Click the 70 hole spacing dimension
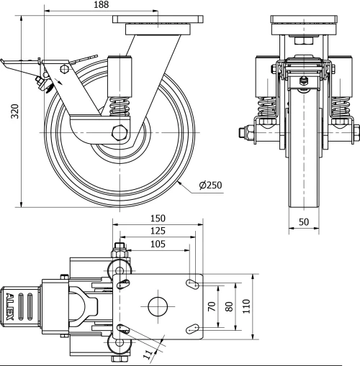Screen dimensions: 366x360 click(x=212, y=306)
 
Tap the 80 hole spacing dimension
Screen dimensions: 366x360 click(x=229, y=306)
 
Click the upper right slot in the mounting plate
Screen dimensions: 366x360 click(x=193, y=284)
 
